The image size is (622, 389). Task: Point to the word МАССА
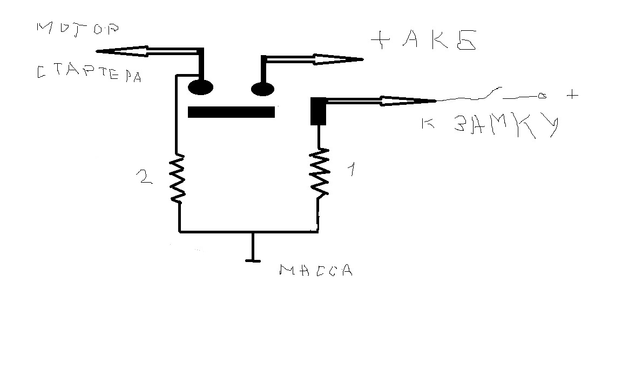point(316,271)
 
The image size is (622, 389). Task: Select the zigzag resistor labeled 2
point(178,178)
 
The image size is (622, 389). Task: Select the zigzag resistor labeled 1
point(319,172)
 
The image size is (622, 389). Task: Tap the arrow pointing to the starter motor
point(146,51)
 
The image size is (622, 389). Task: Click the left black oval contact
point(200,87)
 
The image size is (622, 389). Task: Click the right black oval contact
point(262,88)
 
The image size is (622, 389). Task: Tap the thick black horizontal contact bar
point(231,112)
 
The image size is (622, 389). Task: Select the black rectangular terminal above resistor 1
point(318,111)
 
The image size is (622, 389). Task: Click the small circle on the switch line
point(542,96)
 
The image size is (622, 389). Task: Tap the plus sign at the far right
point(572,95)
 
